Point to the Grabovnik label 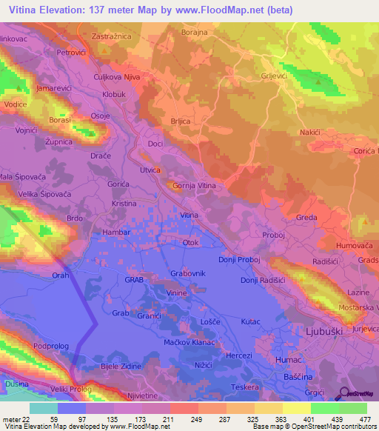187,273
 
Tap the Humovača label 356,244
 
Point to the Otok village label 191,242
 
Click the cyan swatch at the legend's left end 44,408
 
